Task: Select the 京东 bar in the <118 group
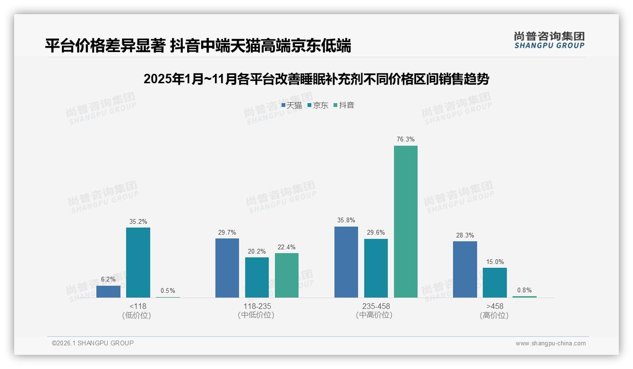[138, 263]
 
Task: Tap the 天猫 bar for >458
[465, 269]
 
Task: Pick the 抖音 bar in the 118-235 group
[287, 275]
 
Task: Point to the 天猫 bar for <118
[108, 291]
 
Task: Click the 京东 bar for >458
[495, 282]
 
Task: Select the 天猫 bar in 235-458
[346, 262]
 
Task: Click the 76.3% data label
[406, 140]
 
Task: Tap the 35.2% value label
[138, 221]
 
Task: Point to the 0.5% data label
[168, 291]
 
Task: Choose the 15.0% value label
[495, 262]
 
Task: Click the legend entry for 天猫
[291, 105]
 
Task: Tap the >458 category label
[494, 306]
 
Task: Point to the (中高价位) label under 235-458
[376, 315]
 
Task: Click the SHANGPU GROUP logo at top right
[549, 40]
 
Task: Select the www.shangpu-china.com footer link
[550, 343]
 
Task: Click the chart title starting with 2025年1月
[316, 79]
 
